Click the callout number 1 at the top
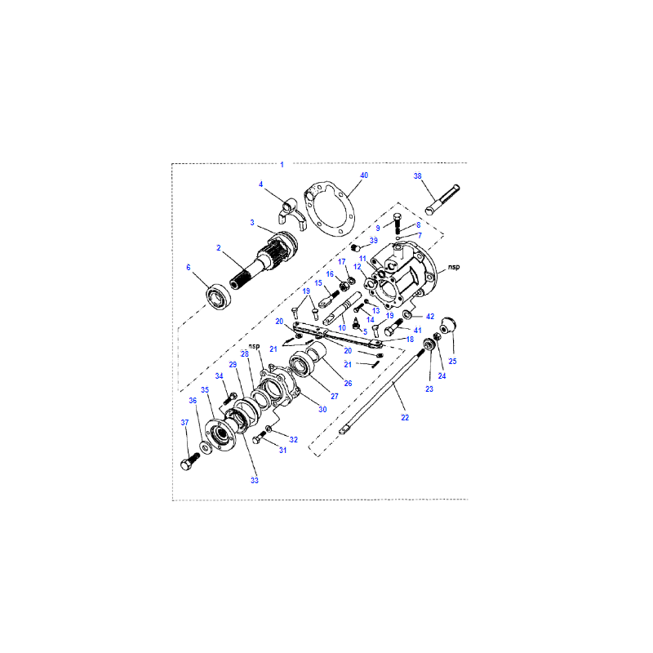[282, 165]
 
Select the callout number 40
[364, 175]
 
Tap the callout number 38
[417, 176]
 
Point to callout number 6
[189, 268]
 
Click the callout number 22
[405, 417]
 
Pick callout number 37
[185, 422]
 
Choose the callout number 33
[255, 480]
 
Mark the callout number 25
[453, 361]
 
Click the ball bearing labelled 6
[219, 297]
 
